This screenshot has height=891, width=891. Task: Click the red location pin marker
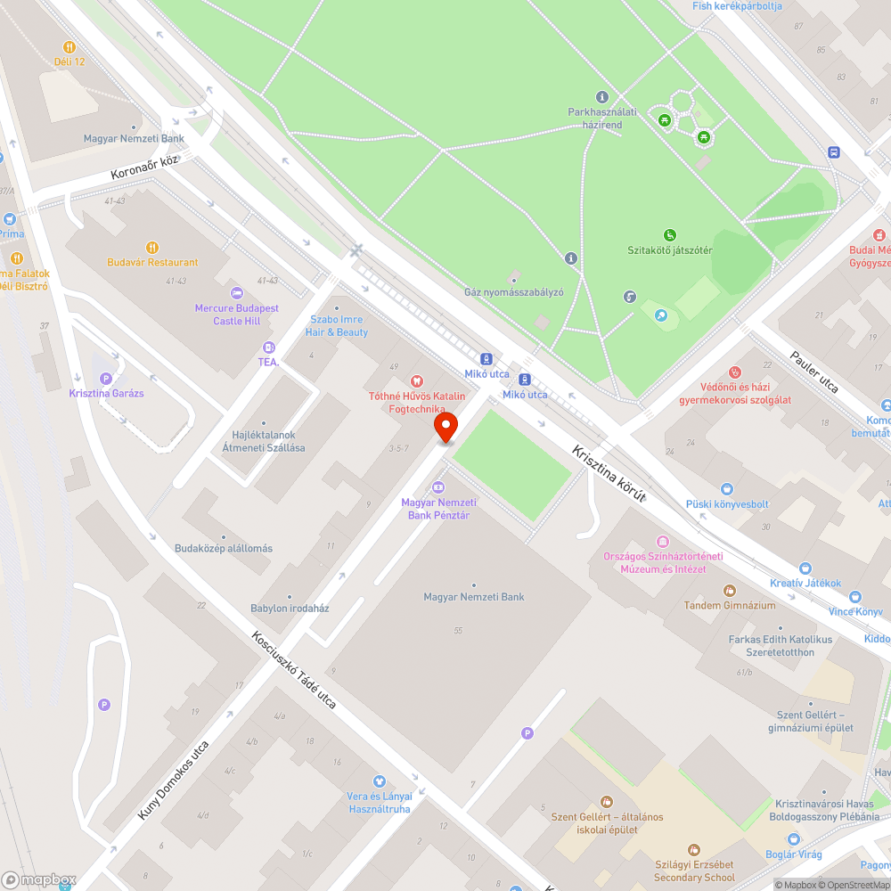tap(445, 427)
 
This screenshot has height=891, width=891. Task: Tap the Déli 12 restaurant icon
tap(69, 47)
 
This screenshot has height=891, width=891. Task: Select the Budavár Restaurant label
tap(152, 262)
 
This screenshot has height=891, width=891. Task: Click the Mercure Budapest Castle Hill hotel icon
tap(237, 293)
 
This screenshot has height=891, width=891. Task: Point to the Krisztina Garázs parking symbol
tap(106, 379)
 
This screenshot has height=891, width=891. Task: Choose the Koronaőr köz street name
tap(145, 167)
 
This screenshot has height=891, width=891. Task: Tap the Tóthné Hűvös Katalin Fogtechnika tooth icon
tap(416, 380)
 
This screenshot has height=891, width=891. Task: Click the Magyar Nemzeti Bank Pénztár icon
tap(437, 487)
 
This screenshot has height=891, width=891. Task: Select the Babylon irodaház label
tap(290, 609)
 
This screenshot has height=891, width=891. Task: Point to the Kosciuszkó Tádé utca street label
tap(293, 670)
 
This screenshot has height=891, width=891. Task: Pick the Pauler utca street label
tap(814, 372)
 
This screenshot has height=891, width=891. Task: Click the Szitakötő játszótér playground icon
tap(670, 235)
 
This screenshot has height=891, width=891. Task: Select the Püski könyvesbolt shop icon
tap(726, 488)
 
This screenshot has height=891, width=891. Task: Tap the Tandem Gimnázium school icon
tap(729, 590)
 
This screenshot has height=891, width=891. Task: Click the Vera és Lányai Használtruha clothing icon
tap(379, 781)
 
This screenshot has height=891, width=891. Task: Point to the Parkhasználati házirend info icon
tap(601, 97)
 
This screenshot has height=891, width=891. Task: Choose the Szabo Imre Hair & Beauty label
tap(337, 326)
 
